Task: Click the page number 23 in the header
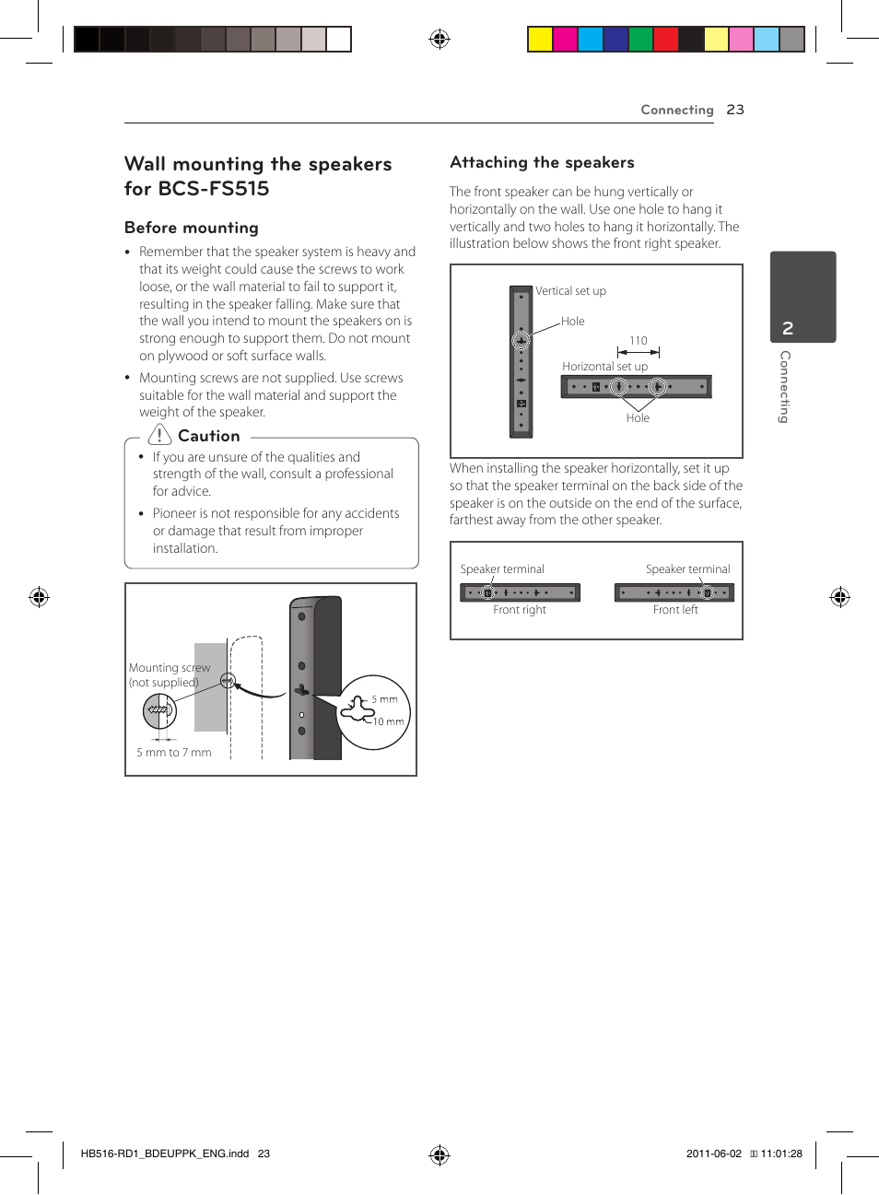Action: coord(734,110)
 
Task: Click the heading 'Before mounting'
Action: coord(192,228)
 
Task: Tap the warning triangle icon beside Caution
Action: coord(159,435)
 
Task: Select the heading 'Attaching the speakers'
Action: coord(542,162)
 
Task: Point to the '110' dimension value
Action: coord(639,341)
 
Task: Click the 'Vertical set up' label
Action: coord(571,291)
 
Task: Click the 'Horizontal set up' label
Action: coord(604,367)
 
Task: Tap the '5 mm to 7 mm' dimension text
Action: coord(174,753)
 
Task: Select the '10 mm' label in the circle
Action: coord(388,721)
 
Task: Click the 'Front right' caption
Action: coord(520,610)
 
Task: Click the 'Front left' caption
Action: coord(675,610)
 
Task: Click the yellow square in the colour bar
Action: coord(540,39)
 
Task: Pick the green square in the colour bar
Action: coord(640,39)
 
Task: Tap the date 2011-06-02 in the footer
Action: coord(713,1154)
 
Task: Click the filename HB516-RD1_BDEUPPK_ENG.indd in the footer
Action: coord(165,1154)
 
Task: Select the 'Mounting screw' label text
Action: coord(170,668)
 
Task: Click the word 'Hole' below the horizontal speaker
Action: coord(638,418)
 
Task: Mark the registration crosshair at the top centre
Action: coord(439,39)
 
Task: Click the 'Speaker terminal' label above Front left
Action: coord(687,569)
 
